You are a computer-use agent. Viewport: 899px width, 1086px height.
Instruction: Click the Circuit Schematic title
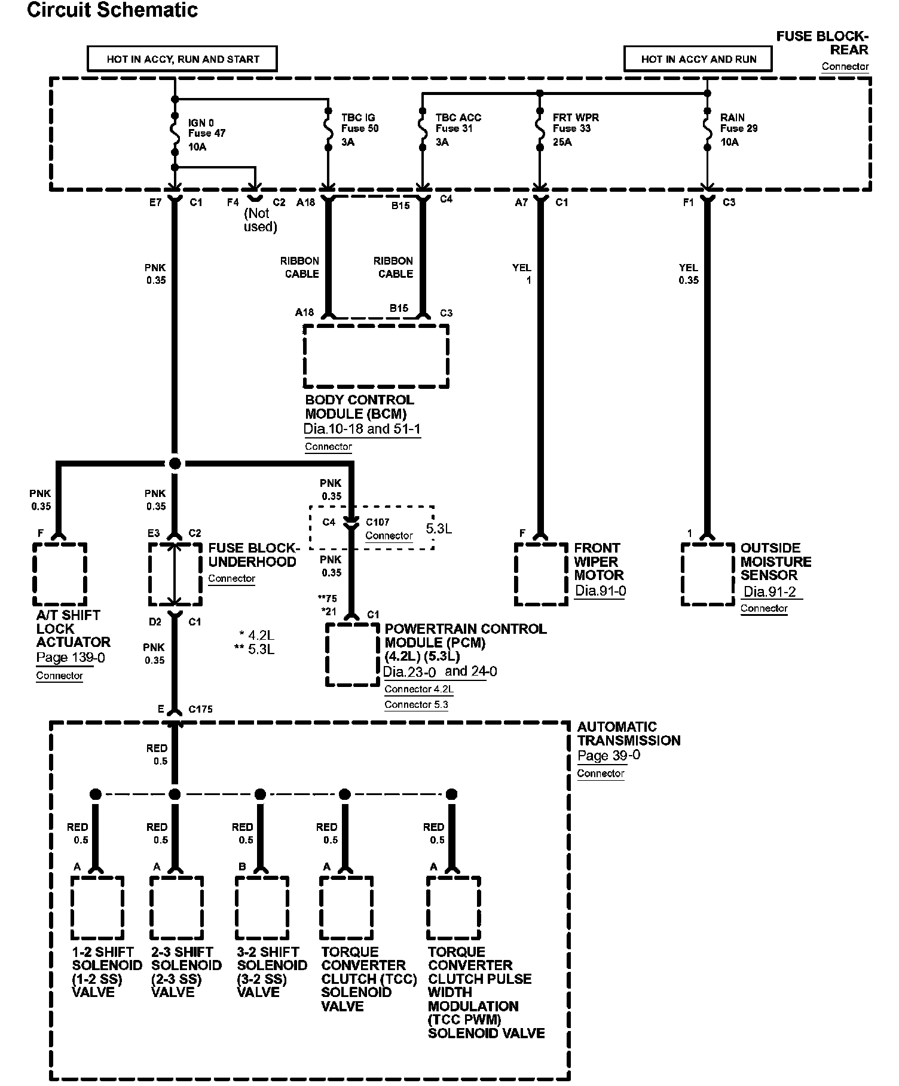tap(112, 10)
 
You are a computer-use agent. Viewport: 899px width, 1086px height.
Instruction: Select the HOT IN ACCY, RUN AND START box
tap(182, 59)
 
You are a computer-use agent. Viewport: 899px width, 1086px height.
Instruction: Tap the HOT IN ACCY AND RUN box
tap(698, 59)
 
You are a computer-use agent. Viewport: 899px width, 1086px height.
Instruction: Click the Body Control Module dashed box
tap(376, 357)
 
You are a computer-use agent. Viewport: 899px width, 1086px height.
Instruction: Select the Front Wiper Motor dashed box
tap(541, 574)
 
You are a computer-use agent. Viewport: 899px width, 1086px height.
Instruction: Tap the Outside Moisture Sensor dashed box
tap(708, 574)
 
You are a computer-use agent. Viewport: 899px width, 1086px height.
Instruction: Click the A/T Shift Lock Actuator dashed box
tap(60, 574)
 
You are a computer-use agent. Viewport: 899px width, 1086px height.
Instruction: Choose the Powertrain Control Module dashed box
tap(353, 655)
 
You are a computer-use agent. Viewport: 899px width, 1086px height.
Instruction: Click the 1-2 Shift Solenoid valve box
tap(97, 907)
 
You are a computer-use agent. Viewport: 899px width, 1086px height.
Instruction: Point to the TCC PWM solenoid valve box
tap(454, 907)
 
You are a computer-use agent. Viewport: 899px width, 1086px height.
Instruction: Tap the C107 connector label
tap(378, 522)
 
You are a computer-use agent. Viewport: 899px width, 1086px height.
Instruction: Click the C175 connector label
tap(200, 709)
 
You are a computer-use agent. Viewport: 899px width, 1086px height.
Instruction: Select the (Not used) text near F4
tap(260, 220)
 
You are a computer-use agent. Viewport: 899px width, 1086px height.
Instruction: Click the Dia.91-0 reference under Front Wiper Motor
tap(600, 591)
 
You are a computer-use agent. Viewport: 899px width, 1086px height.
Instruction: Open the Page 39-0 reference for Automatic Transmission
tap(608, 756)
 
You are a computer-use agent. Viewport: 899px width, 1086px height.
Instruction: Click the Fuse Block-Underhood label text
tap(252, 555)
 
